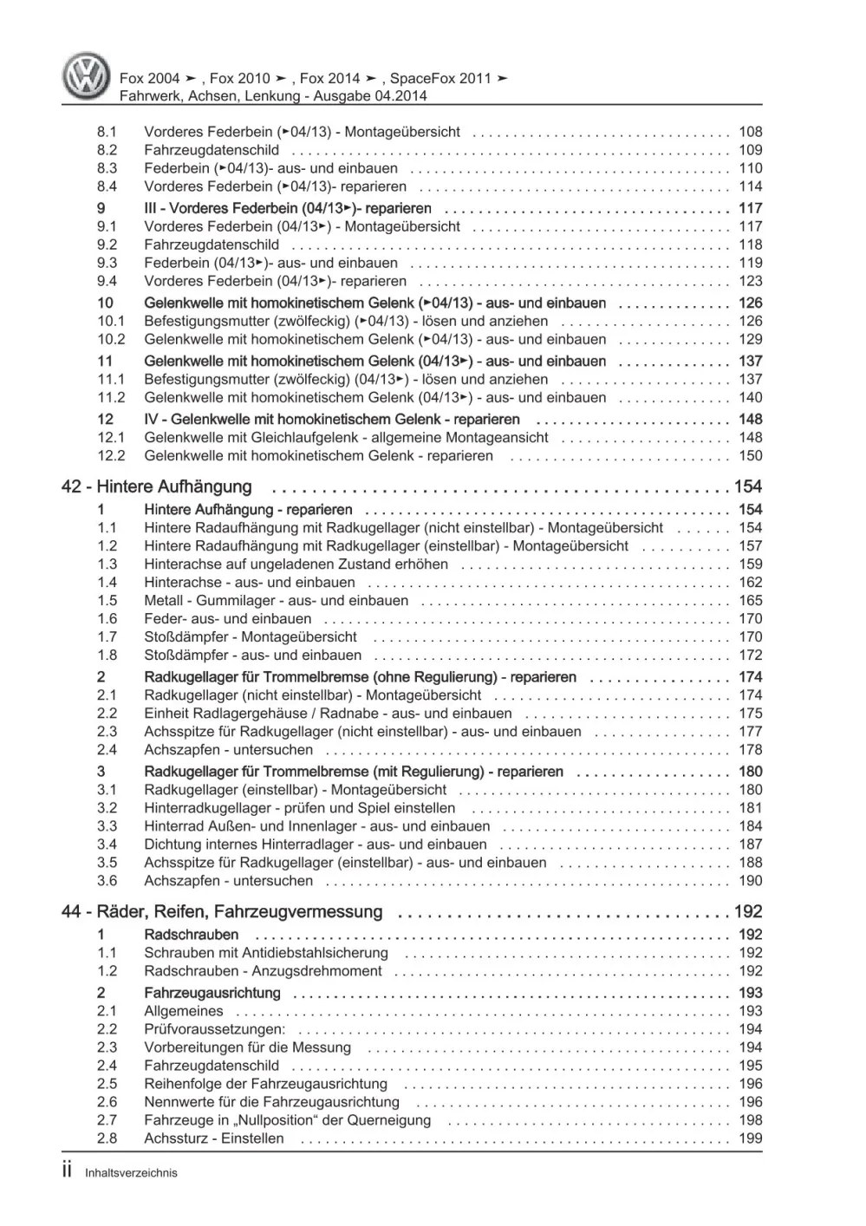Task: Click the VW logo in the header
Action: click(x=88, y=75)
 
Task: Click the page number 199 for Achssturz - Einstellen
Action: click(x=750, y=1138)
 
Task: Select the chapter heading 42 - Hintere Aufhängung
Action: click(x=157, y=487)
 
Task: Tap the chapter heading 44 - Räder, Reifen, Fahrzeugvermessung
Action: click(x=222, y=912)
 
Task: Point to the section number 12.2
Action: click(x=111, y=456)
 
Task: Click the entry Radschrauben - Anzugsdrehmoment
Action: click(x=263, y=971)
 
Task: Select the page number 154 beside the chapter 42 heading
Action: click(x=747, y=487)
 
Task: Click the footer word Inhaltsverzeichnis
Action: click(x=131, y=1173)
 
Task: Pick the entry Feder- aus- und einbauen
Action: click(x=227, y=619)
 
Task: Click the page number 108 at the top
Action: click(x=750, y=132)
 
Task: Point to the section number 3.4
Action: click(x=107, y=845)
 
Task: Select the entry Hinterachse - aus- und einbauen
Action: click(x=250, y=583)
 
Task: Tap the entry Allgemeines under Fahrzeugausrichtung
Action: click(x=183, y=1011)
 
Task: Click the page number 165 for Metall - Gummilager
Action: click(x=750, y=601)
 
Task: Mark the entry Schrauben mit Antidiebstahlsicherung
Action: click(x=266, y=953)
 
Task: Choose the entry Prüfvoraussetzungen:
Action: click(x=214, y=1029)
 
